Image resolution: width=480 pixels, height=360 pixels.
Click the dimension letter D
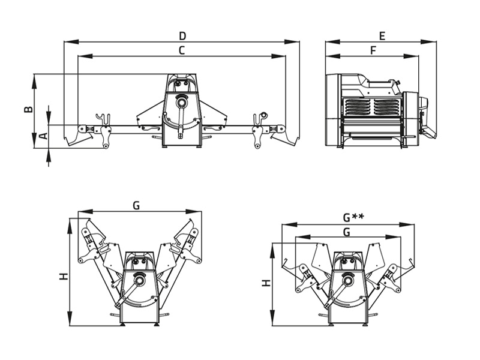coord(182,36)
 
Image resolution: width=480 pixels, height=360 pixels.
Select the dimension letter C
coord(182,50)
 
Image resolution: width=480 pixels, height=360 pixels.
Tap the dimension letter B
coord(28,109)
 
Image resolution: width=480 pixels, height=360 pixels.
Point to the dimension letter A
coord(44,136)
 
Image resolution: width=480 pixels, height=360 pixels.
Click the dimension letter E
coord(382,36)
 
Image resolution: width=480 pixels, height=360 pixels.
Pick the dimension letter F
coord(373,50)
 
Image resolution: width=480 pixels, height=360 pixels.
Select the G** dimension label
coord(353,217)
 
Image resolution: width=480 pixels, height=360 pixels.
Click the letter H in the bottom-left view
coord(64,277)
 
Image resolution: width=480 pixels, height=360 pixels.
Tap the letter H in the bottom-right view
coord(266,283)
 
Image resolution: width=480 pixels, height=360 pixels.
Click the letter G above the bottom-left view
coord(136,206)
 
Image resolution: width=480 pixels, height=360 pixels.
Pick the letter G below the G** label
coord(347,232)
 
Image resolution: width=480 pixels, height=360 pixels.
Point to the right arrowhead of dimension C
coord(278,56)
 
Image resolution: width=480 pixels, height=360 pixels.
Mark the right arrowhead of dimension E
coord(429,41)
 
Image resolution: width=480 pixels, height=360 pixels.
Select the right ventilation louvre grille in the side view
coord(386,107)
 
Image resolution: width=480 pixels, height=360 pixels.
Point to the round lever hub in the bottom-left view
coord(140,280)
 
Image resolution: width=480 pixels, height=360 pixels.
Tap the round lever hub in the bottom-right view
coord(348,280)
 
